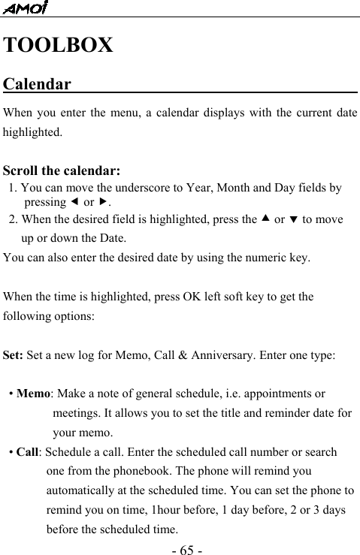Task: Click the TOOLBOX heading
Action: tap(59, 45)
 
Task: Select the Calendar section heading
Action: tap(38, 83)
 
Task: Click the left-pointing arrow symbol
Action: tap(73, 203)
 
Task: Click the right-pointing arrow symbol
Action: tap(104, 203)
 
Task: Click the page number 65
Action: tap(180, 550)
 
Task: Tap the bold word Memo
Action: tap(33, 394)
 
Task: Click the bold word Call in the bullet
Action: tap(28, 453)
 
